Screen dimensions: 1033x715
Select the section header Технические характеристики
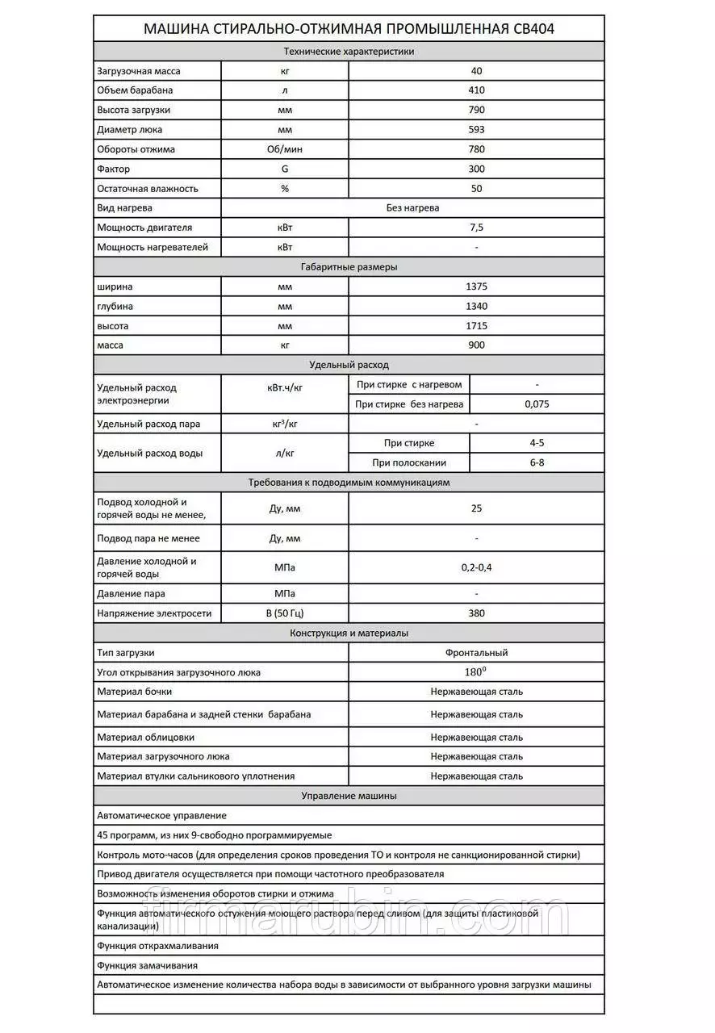tap(349, 51)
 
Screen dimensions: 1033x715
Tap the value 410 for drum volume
tap(476, 90)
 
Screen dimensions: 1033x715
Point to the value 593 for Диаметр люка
tap(476, 129)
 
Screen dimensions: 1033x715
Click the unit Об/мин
tap(284, 149)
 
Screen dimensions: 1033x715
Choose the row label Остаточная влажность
tap(148, 189)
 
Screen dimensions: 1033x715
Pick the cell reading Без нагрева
tap(413, 207)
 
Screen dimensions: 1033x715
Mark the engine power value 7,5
tap(476, 228)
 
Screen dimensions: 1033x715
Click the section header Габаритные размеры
tap(349, 267)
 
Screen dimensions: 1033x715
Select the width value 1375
tap(476, 286)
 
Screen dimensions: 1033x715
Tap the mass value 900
tap(476, 345)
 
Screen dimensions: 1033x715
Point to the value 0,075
tap(537, 404)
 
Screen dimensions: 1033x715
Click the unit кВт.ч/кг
tap(284, 387)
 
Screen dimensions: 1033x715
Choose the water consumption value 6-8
tap(537, 463)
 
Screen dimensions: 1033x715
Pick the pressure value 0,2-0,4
tap(476, 567)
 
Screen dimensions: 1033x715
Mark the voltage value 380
tap(476, 613)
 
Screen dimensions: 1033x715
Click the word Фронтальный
tap(476, 653)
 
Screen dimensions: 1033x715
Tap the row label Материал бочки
tap(135, 692)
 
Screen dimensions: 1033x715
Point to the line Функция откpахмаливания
tap(157, 946)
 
